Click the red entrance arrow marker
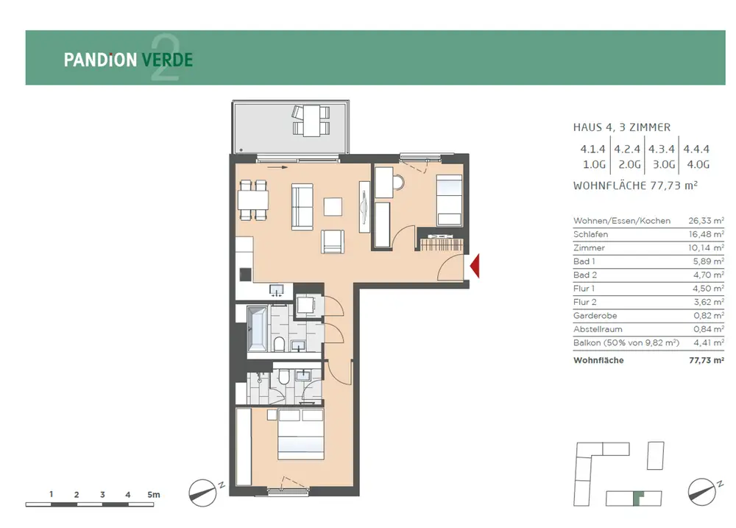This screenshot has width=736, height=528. (x=475, y=265)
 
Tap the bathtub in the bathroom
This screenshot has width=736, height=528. (x=257, y=329)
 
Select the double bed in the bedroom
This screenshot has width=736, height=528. (x=301, y=434)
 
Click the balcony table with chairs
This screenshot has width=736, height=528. (x=311, y=121)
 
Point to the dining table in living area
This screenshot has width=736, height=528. (x=253, y=200)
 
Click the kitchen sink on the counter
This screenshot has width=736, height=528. (x=277, y=290)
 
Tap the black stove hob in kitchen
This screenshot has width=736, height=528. (x=245, y=275)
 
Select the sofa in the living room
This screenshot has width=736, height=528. (x=302, y=207)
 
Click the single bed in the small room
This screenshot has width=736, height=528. (x=449, y=200)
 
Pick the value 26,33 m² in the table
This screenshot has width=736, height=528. (x=706, y=220)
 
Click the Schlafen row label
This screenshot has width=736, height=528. (x=590, y=234)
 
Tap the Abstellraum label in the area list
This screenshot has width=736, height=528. (x=598, y=329)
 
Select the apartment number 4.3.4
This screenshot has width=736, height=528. (x=662, y=149)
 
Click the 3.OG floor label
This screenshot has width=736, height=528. (x=664, y=164)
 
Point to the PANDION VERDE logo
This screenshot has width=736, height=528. (x=128, y=60)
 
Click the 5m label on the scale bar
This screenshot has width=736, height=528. (x=154, y=495)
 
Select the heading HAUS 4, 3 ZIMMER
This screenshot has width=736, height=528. (x=621, y=127)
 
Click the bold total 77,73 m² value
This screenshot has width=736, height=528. (x=707, y=360)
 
